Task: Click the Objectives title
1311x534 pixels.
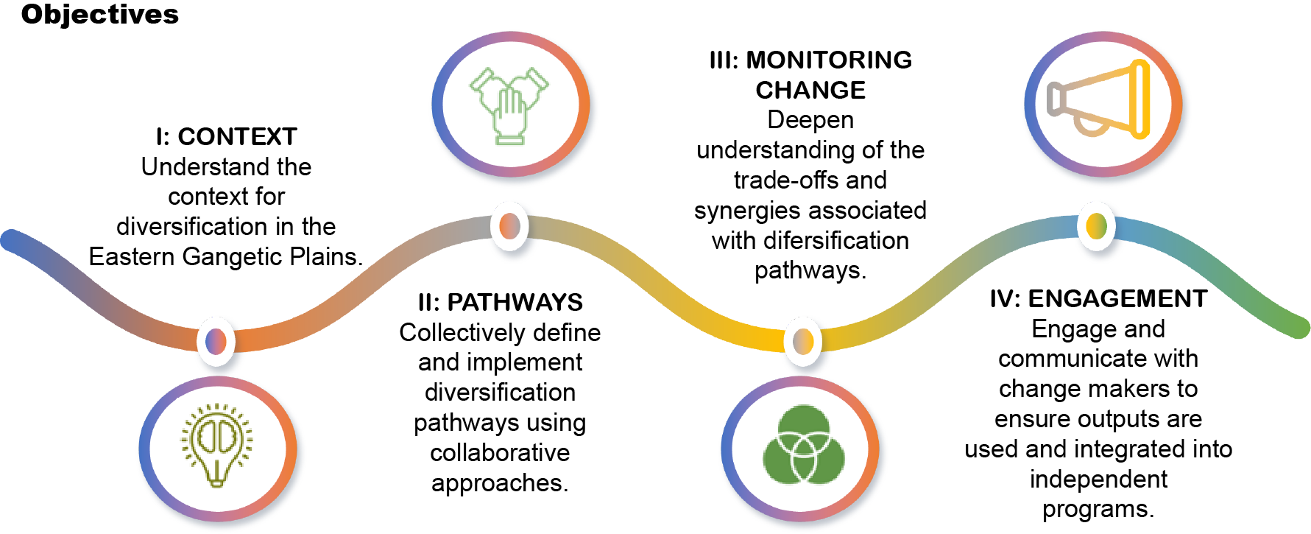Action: pos(99,15)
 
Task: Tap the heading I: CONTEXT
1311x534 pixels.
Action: pos(226,137)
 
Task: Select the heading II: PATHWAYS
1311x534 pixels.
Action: pos(500,303)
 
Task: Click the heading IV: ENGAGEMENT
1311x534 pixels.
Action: pos(1098,299)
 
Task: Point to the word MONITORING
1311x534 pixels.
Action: pos(829,60)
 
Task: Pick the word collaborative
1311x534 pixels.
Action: pos(500,453)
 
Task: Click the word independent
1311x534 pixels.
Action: pos(1098,479)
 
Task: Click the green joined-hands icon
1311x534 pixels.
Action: pos(509,105)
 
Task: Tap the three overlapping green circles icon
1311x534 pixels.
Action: pos(803,445)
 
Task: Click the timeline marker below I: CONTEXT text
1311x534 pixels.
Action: pos(216,342)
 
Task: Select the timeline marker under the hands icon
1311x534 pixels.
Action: pos(509,226)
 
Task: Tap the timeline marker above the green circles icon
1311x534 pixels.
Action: pos(803,341)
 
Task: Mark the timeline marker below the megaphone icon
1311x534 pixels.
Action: pos(1096,226)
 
